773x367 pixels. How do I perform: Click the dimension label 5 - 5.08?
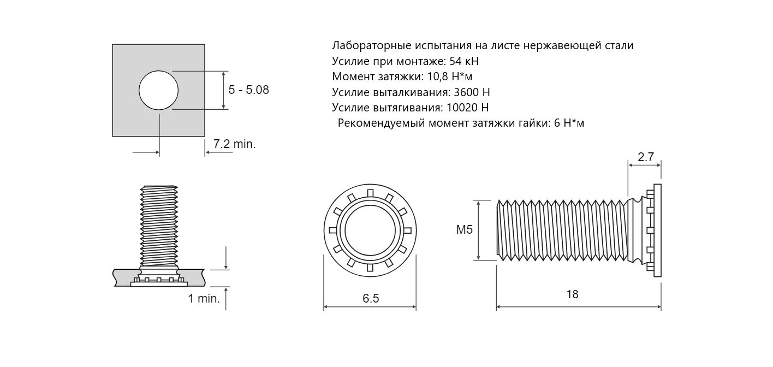(248, 90)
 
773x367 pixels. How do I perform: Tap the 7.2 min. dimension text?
(234, 144)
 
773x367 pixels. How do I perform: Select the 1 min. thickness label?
(204, 299)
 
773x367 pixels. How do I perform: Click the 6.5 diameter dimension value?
(371, 298)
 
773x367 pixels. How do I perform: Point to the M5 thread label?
(465, 229)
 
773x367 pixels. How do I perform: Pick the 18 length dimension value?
(572, 294)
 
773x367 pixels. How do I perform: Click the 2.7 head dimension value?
(646, 157)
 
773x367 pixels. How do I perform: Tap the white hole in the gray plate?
(159, 90)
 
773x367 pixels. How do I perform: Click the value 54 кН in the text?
(464, 61)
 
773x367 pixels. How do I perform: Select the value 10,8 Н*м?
(450, 76)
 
